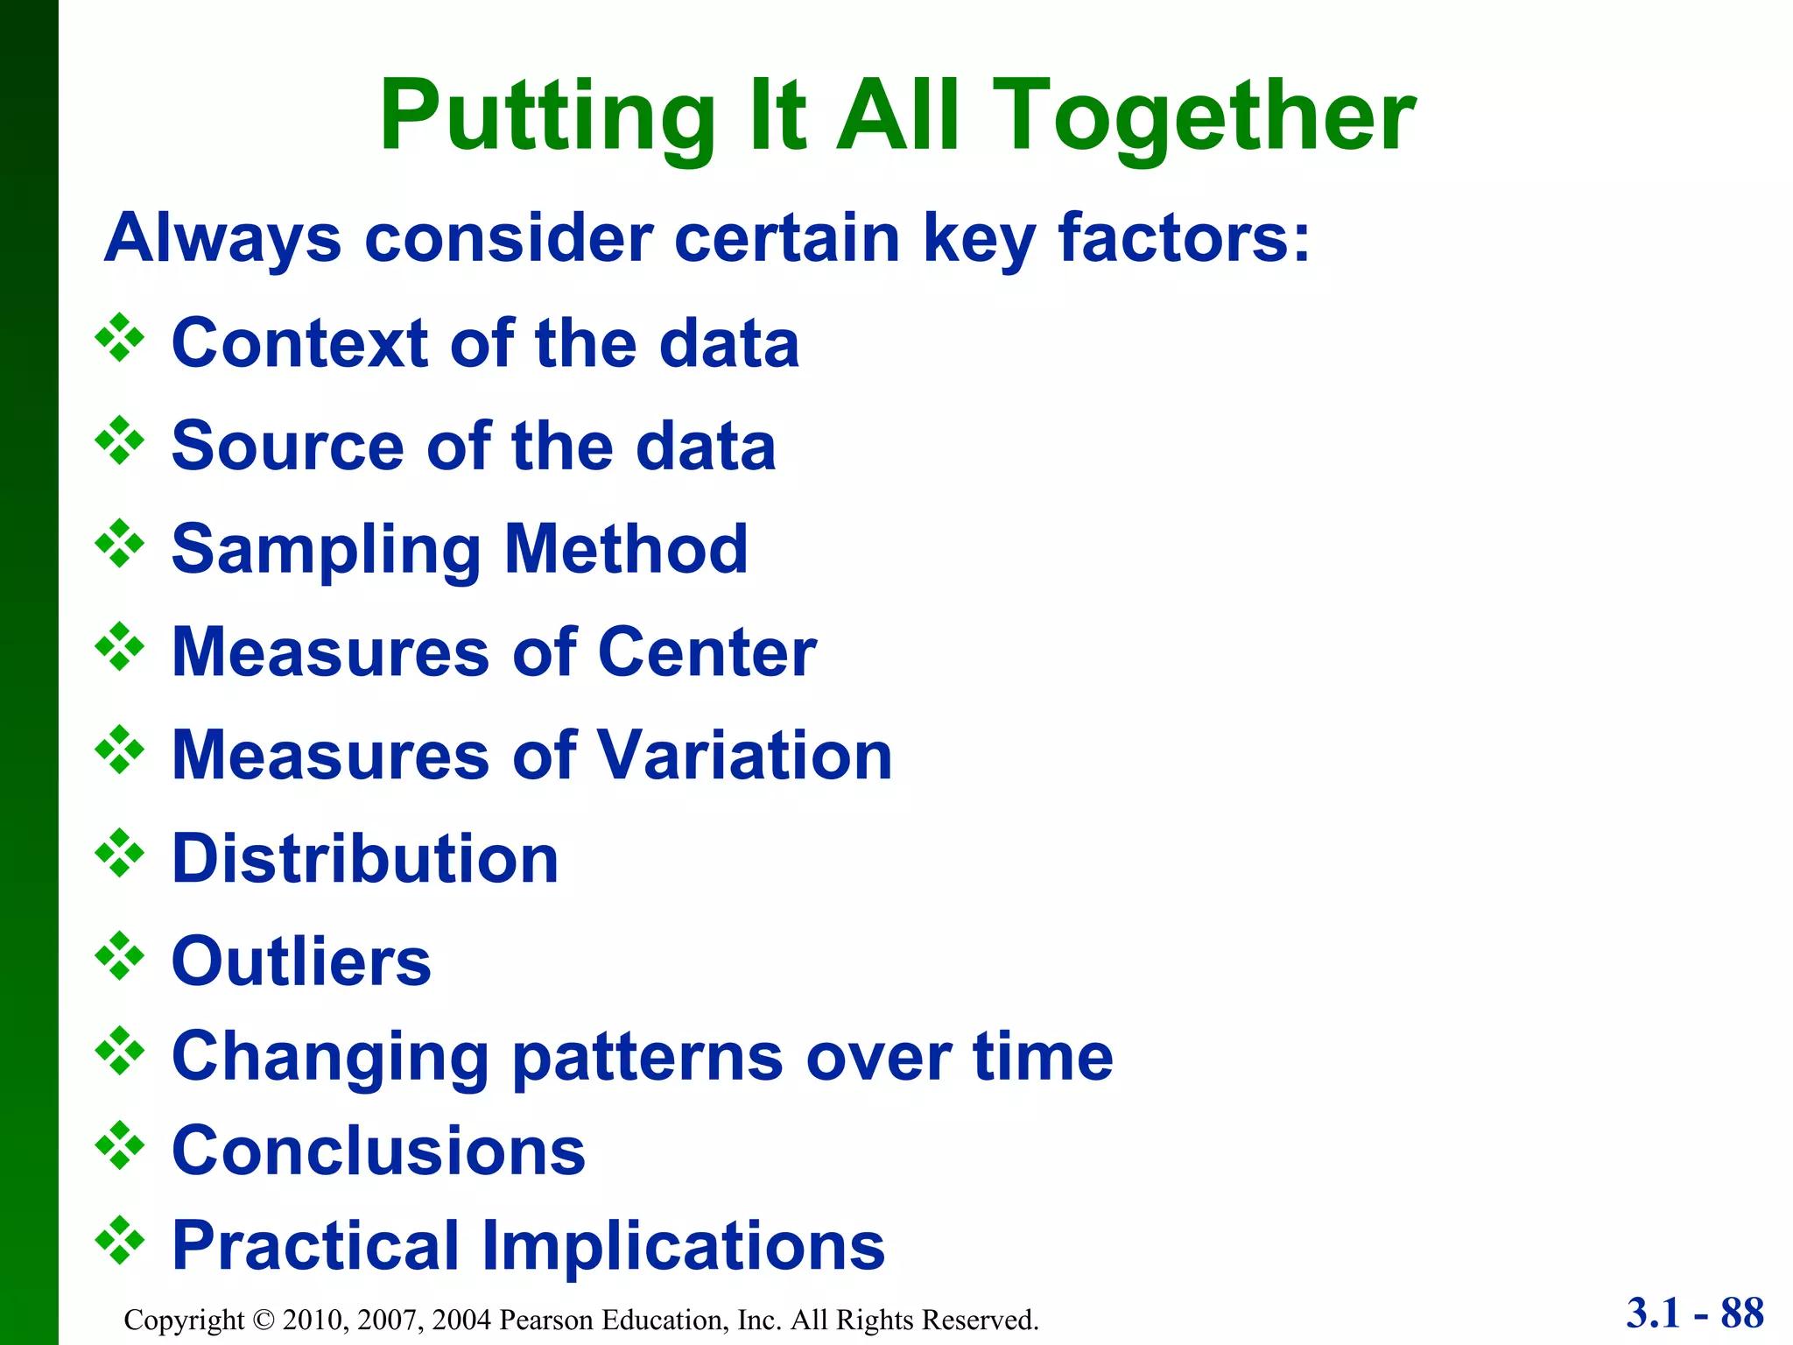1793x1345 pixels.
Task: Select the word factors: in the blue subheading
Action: point(1184,237)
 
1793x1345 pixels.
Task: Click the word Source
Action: point(287,446)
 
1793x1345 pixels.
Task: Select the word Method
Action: point(626,549)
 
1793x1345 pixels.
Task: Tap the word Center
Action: point(707,652)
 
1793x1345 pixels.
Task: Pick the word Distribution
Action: point(365,858)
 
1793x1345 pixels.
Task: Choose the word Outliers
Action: point(301,961)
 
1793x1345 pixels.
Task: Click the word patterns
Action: point(648,1056)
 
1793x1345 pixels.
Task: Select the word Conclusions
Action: point(378,1151)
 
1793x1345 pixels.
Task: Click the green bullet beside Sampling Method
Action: point(120,544)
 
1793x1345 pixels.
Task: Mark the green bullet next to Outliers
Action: point(120,956)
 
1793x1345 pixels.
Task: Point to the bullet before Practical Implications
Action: point(120,1240)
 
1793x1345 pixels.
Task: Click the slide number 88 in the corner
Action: point(1741,1313)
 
